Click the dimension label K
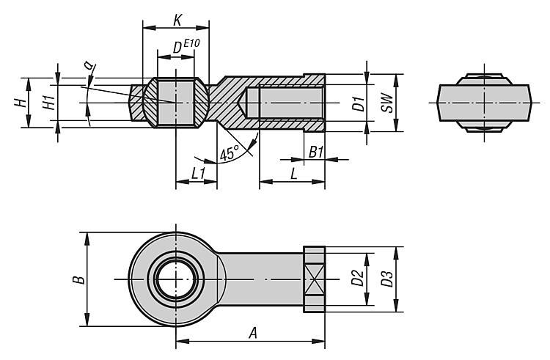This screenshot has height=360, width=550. click(177, 20)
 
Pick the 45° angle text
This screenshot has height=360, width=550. click(230, 153)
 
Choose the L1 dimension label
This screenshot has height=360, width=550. click(197, 173)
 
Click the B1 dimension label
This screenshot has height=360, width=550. click(315, 152)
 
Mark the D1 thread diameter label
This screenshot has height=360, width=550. click(357, 103)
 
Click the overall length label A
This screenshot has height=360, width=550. click(253, 333)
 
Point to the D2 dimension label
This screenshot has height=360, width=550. click(356, 279)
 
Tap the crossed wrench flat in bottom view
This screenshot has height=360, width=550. click(314, 279)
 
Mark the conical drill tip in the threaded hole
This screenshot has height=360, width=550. click(250, 103)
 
